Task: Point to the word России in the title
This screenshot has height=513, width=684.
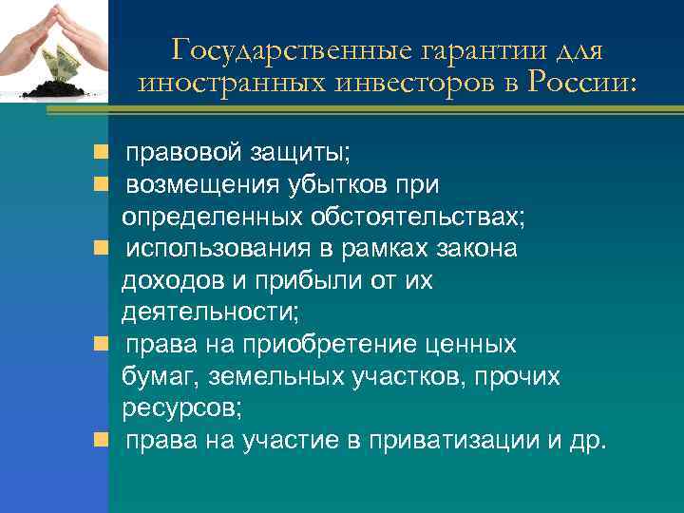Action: (x=578, y=84)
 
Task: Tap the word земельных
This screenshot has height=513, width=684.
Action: (x=275, y=378)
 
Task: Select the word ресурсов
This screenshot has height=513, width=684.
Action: (x=181, y=410)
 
